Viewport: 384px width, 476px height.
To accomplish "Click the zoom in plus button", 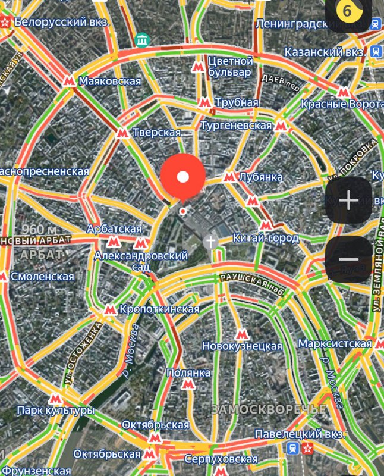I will click(x=348, y=201).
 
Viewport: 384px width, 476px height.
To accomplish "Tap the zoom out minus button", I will click(x=348, y=259).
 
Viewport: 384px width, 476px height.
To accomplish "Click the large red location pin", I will click(x=183, y=177).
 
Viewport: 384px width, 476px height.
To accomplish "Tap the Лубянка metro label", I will click(x=260, y=177).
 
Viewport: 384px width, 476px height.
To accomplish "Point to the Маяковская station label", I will click(x=110, y=81).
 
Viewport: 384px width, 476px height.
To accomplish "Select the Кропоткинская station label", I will click(x=159, y=309).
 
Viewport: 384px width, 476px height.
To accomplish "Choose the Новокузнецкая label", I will click(x=242, y=346).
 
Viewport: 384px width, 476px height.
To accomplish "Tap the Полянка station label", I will click(x=188, y=373).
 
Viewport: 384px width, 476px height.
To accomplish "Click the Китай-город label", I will click(x=266, y=238).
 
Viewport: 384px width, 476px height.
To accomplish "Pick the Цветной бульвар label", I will click(x=230, y=67).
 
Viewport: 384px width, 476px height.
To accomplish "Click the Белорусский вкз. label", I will click(x=62, y=22).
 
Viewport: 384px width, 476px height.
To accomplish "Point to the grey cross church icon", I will click(x=210, y=242).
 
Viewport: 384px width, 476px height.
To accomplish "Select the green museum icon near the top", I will click(x=141, y=40).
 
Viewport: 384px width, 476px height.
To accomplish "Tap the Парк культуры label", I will click(x=55, y=411).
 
